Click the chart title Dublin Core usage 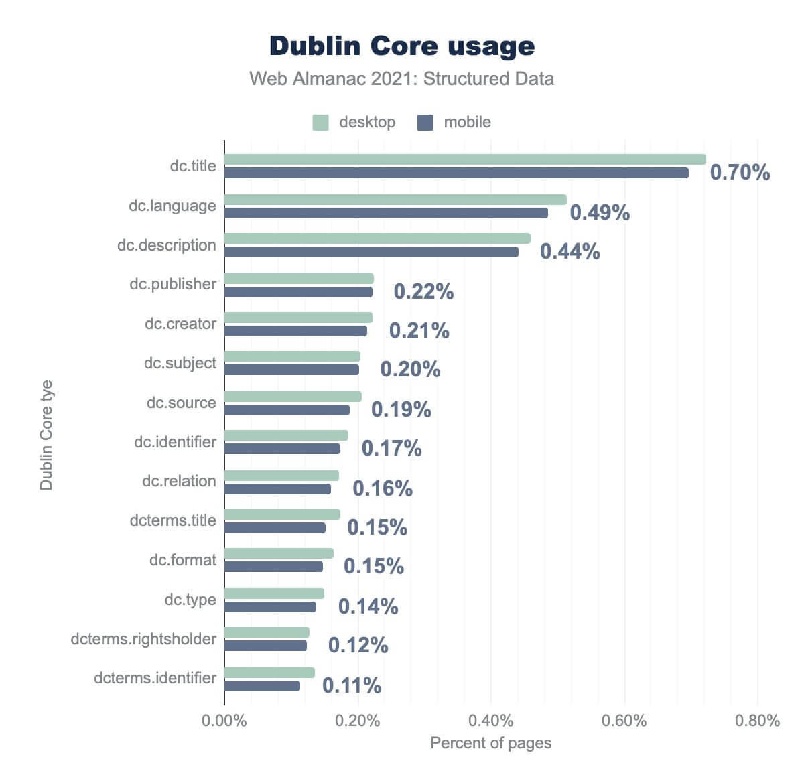coord(402,46)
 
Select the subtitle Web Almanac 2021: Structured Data coord(402,79)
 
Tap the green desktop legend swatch coord(321,123)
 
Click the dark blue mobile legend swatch coord(425,123)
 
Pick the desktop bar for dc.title coord(465,159)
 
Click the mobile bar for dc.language coord(386,213)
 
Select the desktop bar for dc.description coord(377,238)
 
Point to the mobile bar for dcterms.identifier coord(262,686)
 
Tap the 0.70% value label coord(740,173)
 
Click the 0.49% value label coord(600,212)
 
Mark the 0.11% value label coord(352,685)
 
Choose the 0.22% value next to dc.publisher coord(423,291)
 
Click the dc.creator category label coord(180,324)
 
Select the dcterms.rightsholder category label coord(143,639)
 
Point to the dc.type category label coord(190,600)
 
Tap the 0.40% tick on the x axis coord(491,721)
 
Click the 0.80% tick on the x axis coord(758,721)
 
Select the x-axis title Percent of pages coord(491,743)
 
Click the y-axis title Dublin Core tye coord(46,435)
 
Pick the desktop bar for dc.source coord(293,397)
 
